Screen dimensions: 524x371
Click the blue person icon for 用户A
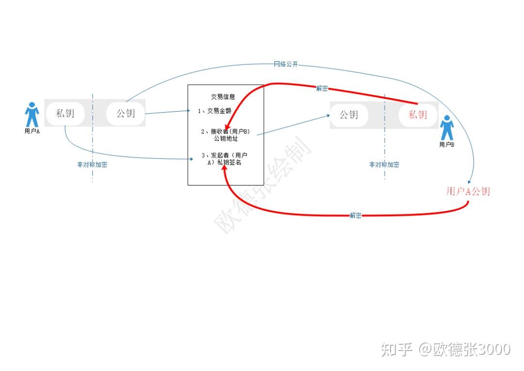(32, 115)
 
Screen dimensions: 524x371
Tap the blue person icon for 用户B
(447, 128)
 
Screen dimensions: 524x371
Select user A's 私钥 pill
(65, 114)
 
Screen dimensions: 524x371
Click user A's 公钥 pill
(126, 114)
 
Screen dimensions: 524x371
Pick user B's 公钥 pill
(348, 115)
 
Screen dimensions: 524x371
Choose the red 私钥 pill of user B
(417, 115)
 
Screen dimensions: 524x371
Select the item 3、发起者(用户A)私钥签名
(225, 159)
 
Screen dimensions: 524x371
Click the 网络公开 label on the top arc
(286, 64)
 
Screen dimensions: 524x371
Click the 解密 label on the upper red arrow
(322, 88)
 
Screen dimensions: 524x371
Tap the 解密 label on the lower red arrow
(356, 216)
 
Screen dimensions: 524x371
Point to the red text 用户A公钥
(468, 191)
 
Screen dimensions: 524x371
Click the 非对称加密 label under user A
(92, 165)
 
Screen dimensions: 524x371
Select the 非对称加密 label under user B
(384, 165)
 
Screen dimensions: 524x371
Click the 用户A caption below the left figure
(32, 131)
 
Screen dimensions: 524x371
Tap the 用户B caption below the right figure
(446, 145)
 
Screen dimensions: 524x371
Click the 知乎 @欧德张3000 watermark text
(445, 349)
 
